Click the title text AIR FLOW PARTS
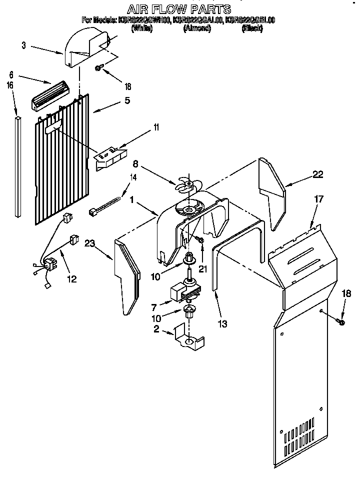(178, 8)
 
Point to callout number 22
(317, 174)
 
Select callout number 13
(222, 323)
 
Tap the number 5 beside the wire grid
(127, 100)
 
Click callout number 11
(156, 128)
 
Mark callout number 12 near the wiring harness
(72, 279)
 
